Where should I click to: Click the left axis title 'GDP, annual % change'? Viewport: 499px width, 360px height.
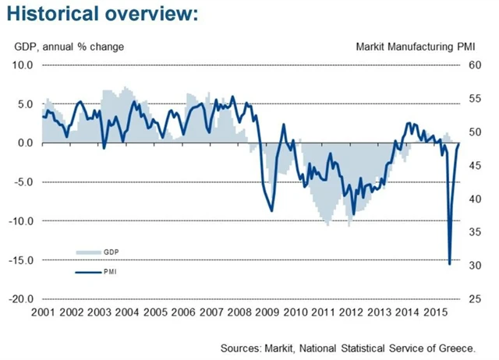[x=69, y=47]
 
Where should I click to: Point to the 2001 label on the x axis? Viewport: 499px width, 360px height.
[x=43, y=312]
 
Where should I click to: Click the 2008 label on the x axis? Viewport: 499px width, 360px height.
[x=239, y=312]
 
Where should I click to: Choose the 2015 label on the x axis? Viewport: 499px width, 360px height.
[x=437, y=312]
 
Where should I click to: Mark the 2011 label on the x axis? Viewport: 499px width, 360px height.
[x=324, y=312]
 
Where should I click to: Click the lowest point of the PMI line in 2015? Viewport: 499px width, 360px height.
[x=449, y=263]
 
